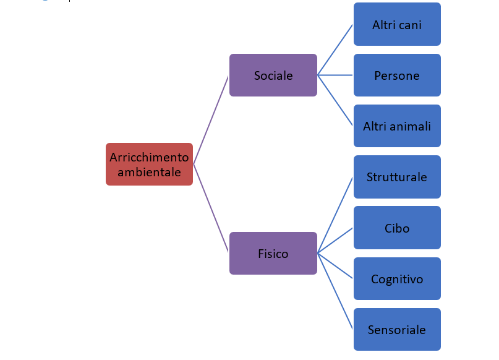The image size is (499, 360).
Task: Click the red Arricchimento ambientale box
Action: click(149, 165)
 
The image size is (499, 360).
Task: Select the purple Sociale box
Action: click(273, 75)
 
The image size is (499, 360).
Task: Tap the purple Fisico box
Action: click(273, 254)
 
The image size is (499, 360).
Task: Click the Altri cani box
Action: click(397, 25)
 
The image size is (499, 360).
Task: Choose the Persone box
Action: click(397, 75)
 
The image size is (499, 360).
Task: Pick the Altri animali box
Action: click(397, 126)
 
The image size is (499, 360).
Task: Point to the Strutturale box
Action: click(397, 177)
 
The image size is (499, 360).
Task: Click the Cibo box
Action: click(397, 228)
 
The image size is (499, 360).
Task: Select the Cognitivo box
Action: click(397, 279)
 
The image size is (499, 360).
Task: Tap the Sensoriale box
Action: click(397, 330)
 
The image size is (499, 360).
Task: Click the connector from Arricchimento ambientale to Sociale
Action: click(211, 119)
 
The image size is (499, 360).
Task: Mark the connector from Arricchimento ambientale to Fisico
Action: click(211, 209)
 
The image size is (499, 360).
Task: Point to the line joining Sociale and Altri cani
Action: click(335, 50)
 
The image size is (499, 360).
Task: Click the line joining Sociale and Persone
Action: click(335, 75)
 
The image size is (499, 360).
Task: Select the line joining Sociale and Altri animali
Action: click(335, 101)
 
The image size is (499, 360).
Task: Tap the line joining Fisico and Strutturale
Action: click(335, 215)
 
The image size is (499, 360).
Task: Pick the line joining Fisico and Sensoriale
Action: click(335, 291)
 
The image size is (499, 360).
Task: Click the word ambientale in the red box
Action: click(149, 172)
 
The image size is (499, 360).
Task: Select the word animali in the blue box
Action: click(410, 126)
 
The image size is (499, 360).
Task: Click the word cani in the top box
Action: click(411, 25)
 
